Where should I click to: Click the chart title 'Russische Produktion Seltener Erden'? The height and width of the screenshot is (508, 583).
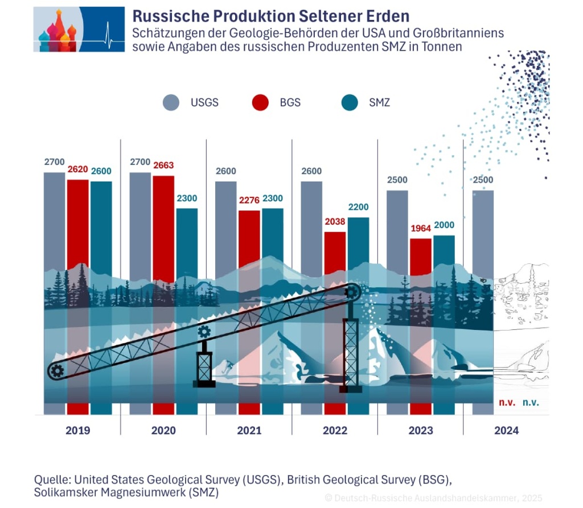pyautogui.click(x=271, y=16)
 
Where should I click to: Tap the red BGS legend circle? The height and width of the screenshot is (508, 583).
pyautogui.click(x=260, y=102)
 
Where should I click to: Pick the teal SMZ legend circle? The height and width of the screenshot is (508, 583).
pyautogui.click(x=349, y=102)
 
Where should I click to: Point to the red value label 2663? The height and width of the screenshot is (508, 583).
pyautogui.click(x=163, y=166)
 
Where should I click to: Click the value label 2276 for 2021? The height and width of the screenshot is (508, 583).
pyautogui.click(x=249, y=200)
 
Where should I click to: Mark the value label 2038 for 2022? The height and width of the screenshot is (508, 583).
pyautogui.click(x=335, y=222)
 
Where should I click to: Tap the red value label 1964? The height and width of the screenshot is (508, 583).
pyautogui.click(x=421, y=229)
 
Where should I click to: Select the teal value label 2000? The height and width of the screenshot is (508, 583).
pyautogui.click(x=444, y=225)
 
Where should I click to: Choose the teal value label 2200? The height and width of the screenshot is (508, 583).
pyautogui.click(x=358, y=207)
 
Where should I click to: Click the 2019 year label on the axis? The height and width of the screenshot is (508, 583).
pyautogui.click(x=77, y=431)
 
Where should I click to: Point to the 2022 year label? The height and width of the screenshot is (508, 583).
pyautogui.click(x=335, y=431)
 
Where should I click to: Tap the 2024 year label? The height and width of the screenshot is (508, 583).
pyautogui.click(x=506, y=431)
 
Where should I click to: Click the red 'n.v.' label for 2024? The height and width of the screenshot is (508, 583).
pyautogui.click(x=507, y=402)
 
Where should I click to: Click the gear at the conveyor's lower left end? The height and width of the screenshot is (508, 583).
pyautogui.click(x=57, y=371)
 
